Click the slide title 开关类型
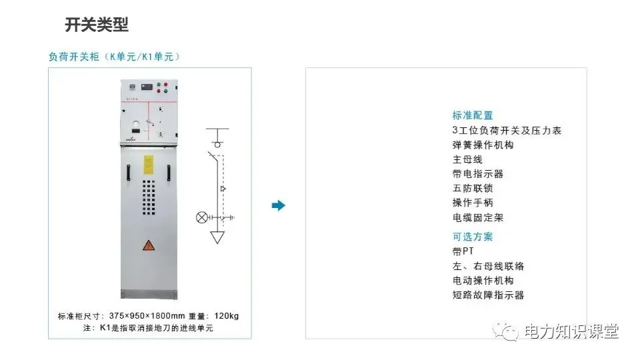(97, 25)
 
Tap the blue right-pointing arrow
(279, 205)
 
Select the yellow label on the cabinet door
(149, 163)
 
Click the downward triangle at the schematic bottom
(217, 237)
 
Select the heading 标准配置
(473, 115)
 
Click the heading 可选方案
(473, 237)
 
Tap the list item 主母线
(467, 159)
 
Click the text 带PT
(463, 251)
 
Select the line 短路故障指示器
(488, 295)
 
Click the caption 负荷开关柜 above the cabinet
(73, 57)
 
